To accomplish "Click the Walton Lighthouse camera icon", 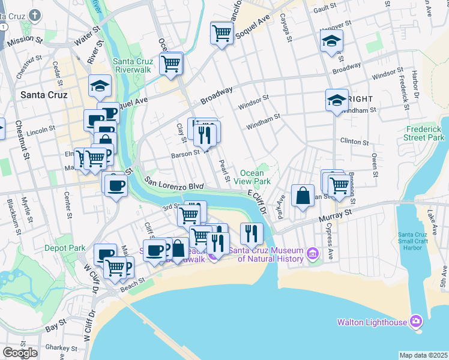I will [x=415, y=322].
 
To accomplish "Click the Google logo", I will [x=20, y=353].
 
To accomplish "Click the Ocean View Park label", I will [x=256, y=177].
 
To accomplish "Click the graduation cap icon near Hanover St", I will [x=331, y=41].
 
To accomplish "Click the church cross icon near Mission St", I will [x=35, y=15].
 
